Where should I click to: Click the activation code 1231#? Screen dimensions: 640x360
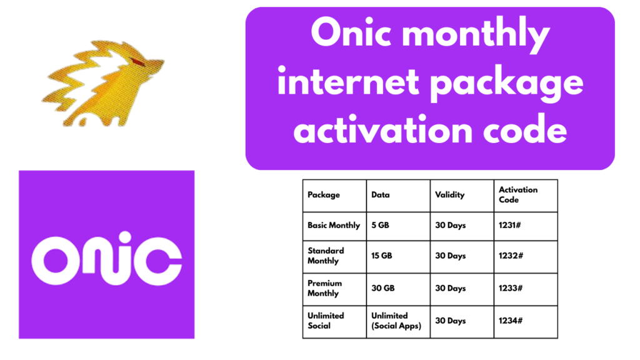[509, 225]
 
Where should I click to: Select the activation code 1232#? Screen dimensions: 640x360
[511, 256]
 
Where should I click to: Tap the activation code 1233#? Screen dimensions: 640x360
[510, 288]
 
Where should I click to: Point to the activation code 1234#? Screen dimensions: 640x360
[510, 321]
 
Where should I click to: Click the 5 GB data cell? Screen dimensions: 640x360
[380, 225]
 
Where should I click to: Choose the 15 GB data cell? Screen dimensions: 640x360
[382, 256]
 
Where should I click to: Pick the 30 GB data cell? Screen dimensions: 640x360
[383, 288]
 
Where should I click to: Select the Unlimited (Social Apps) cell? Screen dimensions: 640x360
[396, 321]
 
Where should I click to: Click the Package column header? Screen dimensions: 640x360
[324, 195]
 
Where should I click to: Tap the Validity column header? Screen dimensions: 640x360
[450, 195]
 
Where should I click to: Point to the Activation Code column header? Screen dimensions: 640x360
[518, 195]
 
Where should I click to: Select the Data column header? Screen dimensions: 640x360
[381, 195]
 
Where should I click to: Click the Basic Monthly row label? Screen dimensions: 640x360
[334, 225]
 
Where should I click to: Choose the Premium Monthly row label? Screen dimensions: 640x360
[324, 288]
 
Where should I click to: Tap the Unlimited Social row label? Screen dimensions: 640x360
[326, 321]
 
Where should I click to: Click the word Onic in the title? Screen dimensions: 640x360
[351, 32]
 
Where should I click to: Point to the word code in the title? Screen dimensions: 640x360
[525, 129]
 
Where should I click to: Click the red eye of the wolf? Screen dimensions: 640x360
[138, 62]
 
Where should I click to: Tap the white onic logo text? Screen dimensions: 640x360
[106, 259]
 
